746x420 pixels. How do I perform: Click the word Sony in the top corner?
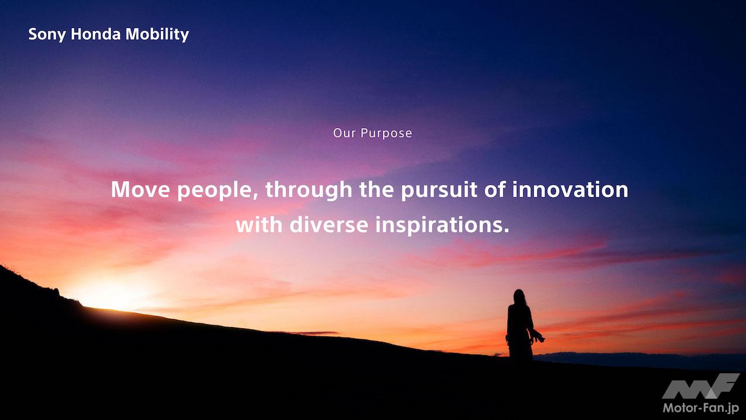[47, 35]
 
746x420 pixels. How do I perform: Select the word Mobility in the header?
[157, 35]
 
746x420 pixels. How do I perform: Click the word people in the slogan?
[217, 191]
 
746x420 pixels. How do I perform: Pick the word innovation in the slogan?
[570, 190]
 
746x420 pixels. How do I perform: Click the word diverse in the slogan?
[329, 225]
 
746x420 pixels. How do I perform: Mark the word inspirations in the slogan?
[443, 226]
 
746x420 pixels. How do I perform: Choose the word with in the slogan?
[260, 225]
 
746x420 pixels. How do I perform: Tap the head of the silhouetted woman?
[519, 297]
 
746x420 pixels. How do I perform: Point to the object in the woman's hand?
[538, 336]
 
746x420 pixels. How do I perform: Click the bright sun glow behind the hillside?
[110, 293]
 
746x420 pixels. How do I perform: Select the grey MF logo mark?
[700, 386]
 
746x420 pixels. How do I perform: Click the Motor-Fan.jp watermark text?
[701, 408]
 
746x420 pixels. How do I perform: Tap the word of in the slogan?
[495, 190]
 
